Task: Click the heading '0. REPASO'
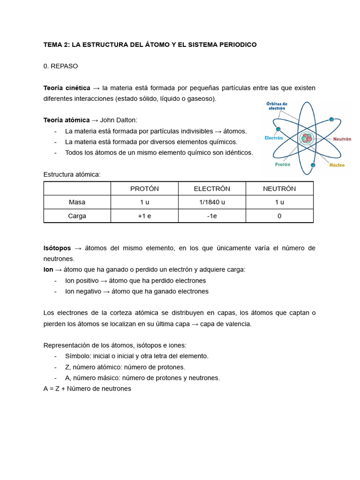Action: tap(60, 66)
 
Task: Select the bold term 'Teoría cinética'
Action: tap(67, 88)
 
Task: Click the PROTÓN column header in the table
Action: tap(144, 188)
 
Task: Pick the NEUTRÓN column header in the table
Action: tap(279, 188)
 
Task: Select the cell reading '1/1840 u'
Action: tap(212, 202)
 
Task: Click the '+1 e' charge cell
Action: tap(144, 216)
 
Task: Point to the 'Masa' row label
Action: tap(77, 202)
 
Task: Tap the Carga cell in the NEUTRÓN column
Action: tap(279, 216)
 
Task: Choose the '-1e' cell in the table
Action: tap(212, 216)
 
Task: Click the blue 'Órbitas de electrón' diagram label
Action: tap(277, 106)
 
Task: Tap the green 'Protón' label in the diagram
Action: tap(282, 165)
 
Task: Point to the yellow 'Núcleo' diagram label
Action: tap(337, 165)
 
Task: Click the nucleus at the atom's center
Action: tap(307, 138)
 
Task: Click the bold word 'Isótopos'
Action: tap(57, 247)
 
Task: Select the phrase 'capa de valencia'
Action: tap(225, 324)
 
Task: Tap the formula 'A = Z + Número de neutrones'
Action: tap(87, 389)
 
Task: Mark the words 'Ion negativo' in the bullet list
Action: tap(82, 291)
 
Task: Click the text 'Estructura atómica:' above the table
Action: tap(72, 174)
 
